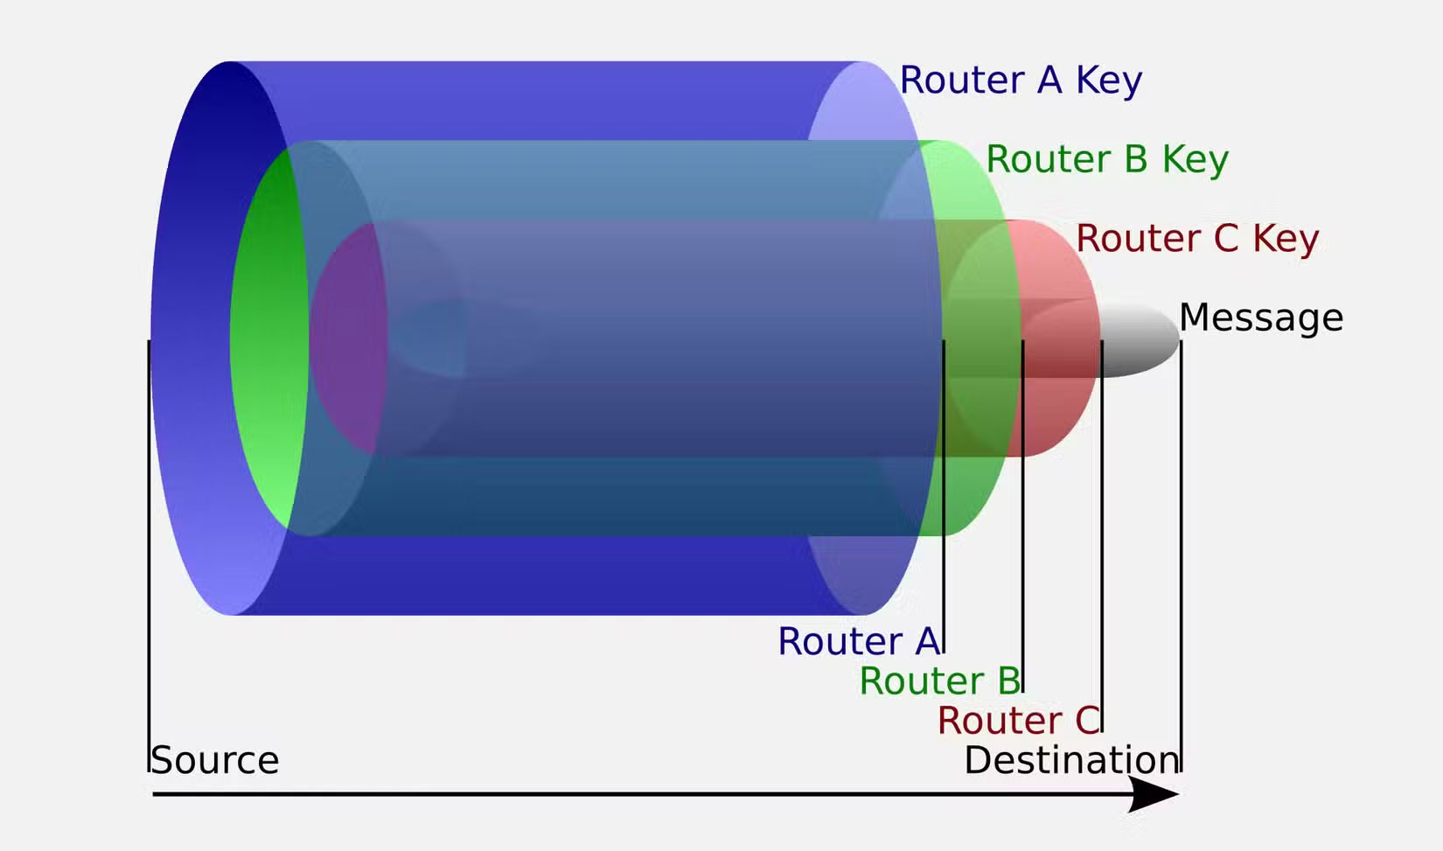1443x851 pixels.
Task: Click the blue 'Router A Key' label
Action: (1021, 80)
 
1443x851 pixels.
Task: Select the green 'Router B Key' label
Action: (1106, 160)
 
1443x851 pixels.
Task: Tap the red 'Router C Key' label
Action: (1196, 239)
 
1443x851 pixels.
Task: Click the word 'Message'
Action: (1260, 317)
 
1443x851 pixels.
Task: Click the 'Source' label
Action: (215, 760)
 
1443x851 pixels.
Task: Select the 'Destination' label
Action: (1071, 760)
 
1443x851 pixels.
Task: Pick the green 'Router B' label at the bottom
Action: (939, 680)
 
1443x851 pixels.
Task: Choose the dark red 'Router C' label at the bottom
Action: (1018, 721)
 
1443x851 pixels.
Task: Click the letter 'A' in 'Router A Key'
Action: (1049, 80)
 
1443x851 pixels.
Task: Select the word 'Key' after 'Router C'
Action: (1285, 239)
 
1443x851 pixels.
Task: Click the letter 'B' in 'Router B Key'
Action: (1135, 160)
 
